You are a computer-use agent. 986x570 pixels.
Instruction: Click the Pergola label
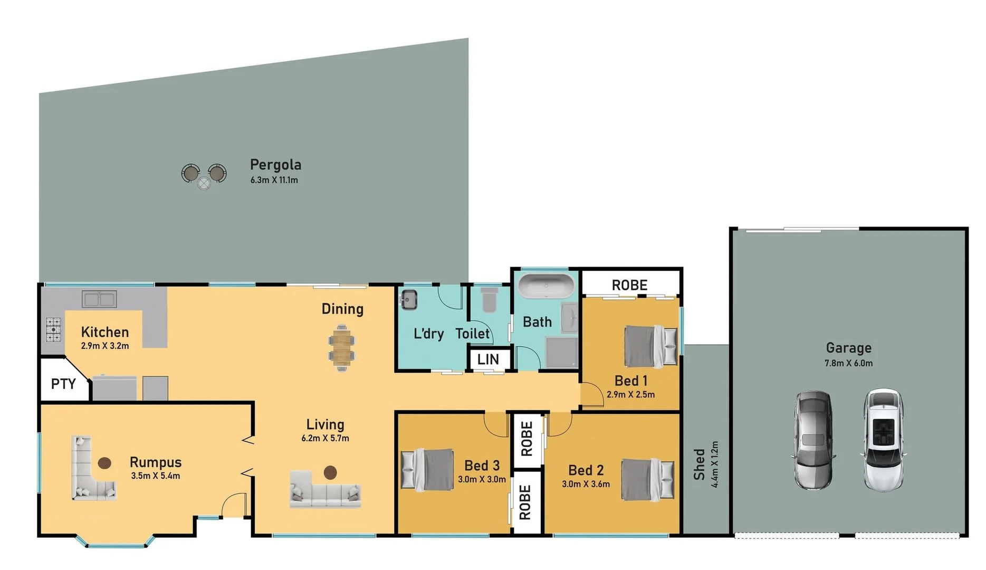click(275, 165)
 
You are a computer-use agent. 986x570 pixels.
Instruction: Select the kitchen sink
click(99, 299)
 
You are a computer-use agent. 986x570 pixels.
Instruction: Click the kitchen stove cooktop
click(53, 329)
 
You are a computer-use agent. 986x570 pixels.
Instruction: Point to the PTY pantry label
click(63, 384)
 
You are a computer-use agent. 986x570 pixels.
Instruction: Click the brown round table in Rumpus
click(105, 463)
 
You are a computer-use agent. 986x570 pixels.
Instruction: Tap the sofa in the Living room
click(326, 495)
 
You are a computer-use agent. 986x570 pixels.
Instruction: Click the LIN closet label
click(488, 359)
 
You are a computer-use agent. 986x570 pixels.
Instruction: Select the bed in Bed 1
click(650, 346)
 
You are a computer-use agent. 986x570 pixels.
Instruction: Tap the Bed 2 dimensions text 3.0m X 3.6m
click(586, 484)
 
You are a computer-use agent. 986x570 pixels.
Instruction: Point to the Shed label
click(699, 464)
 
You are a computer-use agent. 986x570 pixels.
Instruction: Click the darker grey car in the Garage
click(814, 439)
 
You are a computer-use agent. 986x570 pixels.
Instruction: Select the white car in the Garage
click(883, 439)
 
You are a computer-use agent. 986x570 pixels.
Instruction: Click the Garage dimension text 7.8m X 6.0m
click(848, 363)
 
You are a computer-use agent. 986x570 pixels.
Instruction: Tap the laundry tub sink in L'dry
click(409, 299)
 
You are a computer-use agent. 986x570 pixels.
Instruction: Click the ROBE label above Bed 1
click(629, 285)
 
